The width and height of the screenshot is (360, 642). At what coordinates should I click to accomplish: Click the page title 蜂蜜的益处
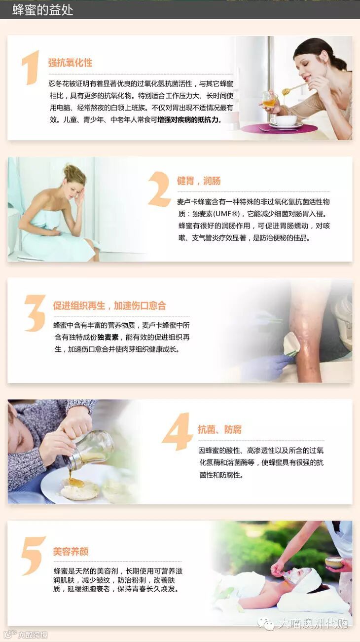tap(42, 10)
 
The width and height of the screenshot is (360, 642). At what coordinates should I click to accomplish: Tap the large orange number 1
tap(31, 68)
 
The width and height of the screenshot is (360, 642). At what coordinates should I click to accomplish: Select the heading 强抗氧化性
tap(70, 63)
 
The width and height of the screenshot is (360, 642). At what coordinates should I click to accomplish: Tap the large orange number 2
tap(159, 189)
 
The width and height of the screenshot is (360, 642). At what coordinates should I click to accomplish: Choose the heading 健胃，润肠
tap(199, 181)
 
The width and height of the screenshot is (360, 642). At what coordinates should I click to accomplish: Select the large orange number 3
tap(35, 313)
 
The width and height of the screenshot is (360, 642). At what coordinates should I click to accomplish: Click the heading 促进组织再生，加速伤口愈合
tap(109, 305)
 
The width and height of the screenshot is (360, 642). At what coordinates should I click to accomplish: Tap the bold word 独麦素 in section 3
tap(108, 337)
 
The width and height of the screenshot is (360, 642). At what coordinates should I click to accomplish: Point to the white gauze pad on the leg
tap(291, 344)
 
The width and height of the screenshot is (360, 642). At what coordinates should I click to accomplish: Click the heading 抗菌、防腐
tap(220, 430)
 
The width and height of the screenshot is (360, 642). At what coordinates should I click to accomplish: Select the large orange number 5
tap(33, 556)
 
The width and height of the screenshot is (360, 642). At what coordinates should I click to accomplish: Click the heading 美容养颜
tap(71, 551)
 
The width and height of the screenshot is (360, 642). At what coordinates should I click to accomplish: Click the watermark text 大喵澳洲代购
tap(313, 623)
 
